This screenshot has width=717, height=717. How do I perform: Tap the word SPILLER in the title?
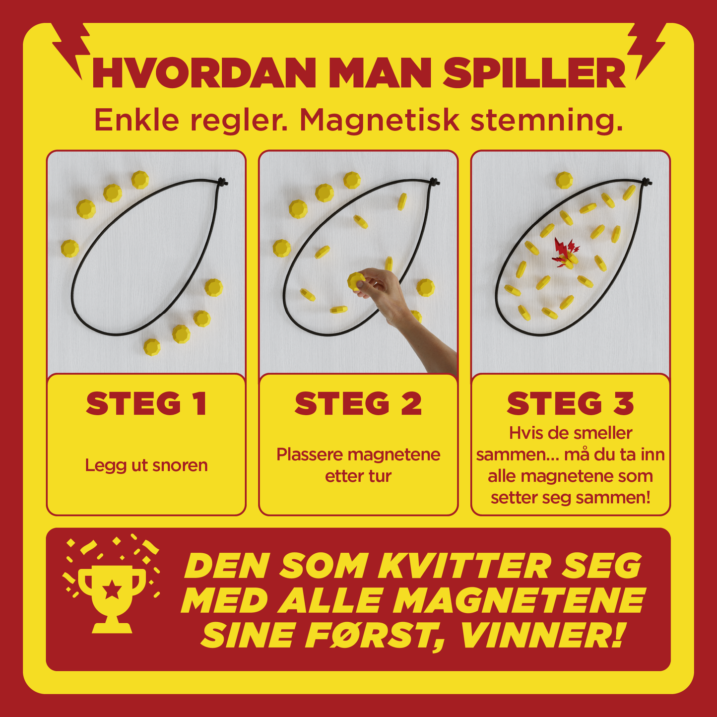[x=534, y=73]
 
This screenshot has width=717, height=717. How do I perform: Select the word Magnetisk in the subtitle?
[x=380, y=121]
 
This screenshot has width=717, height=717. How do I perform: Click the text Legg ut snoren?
[x=146, y=465]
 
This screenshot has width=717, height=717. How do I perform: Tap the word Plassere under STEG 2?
[x=309, y=455]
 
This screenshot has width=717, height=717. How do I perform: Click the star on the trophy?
[x=112, y=590]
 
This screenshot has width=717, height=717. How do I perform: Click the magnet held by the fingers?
[x=355, y=281]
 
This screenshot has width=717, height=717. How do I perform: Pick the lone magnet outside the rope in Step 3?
[x=564, y=180]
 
